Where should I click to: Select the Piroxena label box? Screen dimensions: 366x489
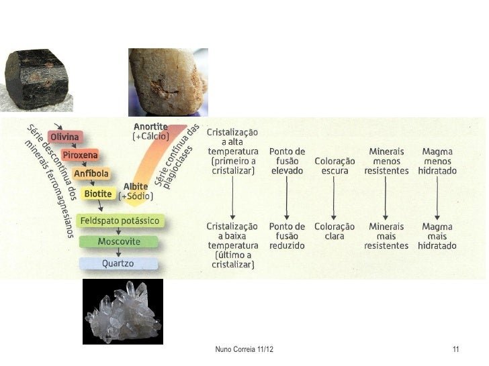[81, 156]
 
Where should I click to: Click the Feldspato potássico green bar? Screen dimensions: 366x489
[118, 221]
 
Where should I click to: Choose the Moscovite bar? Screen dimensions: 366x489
[118, 241]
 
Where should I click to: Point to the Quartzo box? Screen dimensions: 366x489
[118, 263]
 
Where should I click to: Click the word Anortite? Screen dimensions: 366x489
[150, 127]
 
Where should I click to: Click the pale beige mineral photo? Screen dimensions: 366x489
[168, 82]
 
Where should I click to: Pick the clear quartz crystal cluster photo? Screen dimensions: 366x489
[122, 311]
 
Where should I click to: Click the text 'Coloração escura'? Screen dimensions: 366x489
[334, 166]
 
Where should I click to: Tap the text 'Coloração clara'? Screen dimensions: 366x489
[334, 231]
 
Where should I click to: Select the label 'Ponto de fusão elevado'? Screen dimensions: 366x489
[287, 162]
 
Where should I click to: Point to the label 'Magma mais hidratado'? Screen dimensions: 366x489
[437, 236]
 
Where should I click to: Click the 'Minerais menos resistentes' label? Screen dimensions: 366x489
[386, 162]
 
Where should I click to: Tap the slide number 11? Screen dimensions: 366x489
[456, 351]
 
